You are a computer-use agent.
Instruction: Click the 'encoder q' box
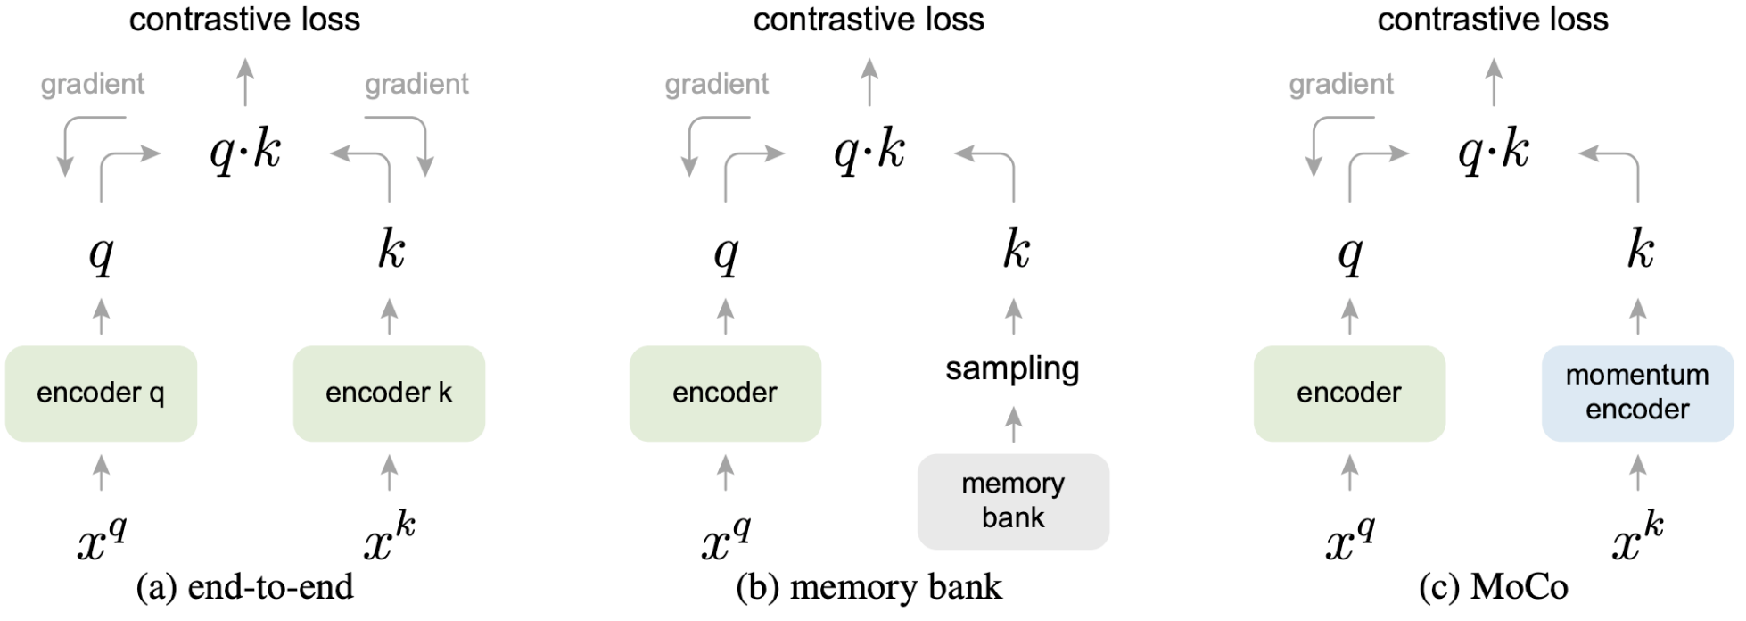pos(101,393)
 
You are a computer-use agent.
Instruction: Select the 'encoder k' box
pos(390,393)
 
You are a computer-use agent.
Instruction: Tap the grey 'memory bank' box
pos(1013,501)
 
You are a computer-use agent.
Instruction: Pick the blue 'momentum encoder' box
pos(1638,393)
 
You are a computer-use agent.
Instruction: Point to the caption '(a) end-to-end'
pos(244,587)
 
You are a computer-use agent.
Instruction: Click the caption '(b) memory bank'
pos(869,587)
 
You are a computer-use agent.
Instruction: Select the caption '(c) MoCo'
pos(1494,587)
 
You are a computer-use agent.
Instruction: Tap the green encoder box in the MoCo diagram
pos(1349,393)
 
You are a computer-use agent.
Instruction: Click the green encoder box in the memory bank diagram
pos(725,393)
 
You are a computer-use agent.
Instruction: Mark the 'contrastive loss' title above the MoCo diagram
pos(1494,19)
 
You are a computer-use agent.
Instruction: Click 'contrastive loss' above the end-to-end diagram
pos(245,19)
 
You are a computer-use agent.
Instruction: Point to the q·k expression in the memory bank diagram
pos(869,153)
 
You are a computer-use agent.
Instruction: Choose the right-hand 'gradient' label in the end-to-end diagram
pos(416,84)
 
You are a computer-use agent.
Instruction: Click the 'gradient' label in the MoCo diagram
pos(1341,84)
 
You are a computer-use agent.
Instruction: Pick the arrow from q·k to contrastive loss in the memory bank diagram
pos(869,81)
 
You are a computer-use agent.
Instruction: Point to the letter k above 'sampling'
pos(1017,250)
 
